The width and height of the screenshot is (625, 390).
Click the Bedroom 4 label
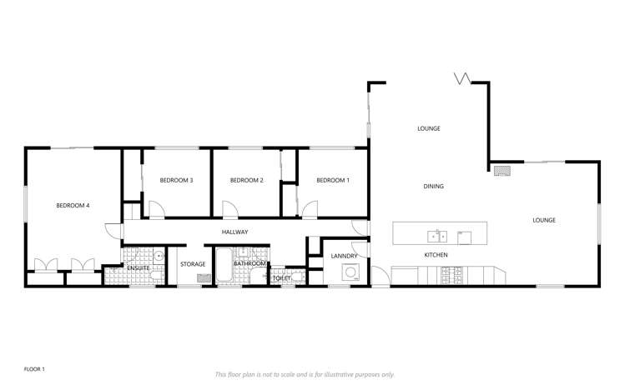click(73, 205)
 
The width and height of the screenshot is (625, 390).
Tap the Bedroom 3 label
click(177, 180)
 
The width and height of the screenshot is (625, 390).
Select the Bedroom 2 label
click(247, 180)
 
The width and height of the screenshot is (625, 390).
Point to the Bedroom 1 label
click(332, 180)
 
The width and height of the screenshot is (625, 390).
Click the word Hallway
click(235, 232)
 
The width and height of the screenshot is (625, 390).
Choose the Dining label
click(433, 187)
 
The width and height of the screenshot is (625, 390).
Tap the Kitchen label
click(436, 254)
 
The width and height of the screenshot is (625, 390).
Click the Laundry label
click(344, 256)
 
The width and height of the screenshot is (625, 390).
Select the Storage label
click(193, 264)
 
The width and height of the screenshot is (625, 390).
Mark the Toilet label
click(281, 277)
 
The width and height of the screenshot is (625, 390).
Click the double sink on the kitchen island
click(438, 236)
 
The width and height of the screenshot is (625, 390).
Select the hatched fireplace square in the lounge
click(502, 170)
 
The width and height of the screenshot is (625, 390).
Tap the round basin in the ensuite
click(158, 273)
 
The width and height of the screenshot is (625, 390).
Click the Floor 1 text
click(34, 367)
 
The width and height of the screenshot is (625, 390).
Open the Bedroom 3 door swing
click(156, 210)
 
